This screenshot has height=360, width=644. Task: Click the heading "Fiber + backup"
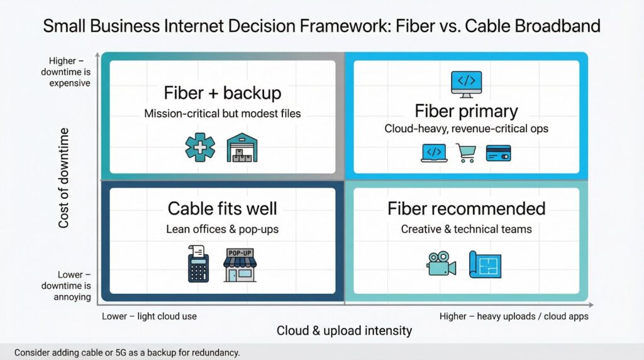click(x=223, y=93)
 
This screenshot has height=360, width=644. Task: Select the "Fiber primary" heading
click(x=466, y=111)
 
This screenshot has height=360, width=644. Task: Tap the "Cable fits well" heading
click(x=222, y=208)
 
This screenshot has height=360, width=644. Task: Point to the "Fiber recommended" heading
click(x=466, y=208)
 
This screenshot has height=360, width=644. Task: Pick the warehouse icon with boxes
click(x=241, y=147)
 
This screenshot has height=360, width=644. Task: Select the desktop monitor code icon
click(x=466, y=83)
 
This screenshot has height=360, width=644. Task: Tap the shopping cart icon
click(x=466, y=153)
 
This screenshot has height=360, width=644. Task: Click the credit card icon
click(x=499, y=153)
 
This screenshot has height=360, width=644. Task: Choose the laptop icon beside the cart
click(x=433, y=153)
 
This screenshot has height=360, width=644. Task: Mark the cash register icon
click(x=199, y=265)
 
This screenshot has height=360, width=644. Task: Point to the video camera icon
click(x=441, y=264)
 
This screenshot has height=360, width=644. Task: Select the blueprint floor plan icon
click(x=485, y=264)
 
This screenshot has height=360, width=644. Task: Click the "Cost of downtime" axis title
click(x=64, y=178)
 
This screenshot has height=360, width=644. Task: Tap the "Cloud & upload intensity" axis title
click(x=344, y=330)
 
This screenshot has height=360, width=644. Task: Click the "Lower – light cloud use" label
click(x=150, y=316)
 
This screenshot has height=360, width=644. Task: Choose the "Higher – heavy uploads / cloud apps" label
click(x=514, y=316)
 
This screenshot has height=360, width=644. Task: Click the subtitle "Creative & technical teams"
click(x=466, y=229)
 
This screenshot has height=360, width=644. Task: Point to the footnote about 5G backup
click(x=127, y=352)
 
